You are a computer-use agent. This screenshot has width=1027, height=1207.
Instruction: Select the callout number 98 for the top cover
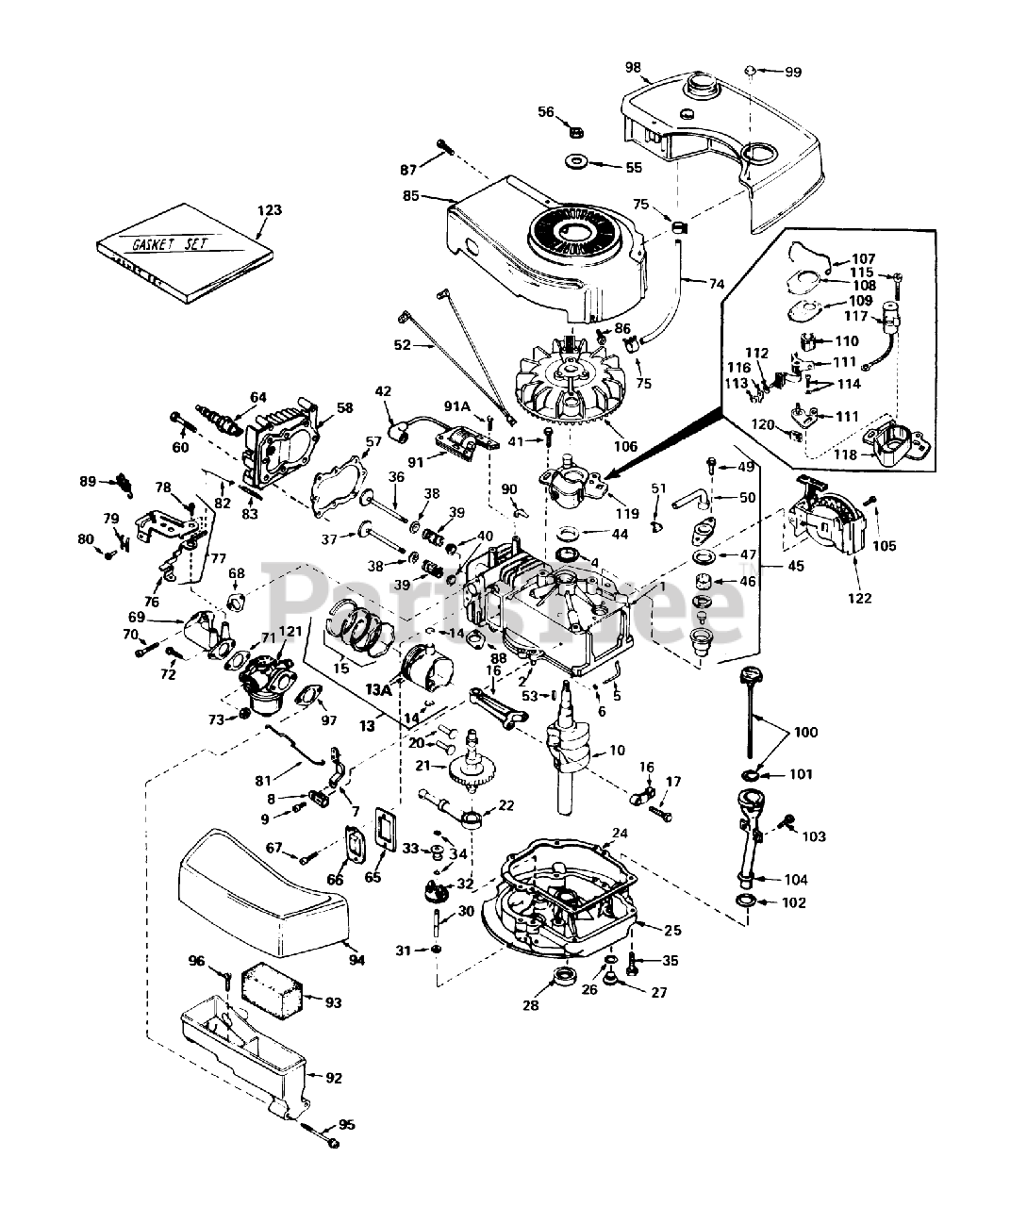point(633,66)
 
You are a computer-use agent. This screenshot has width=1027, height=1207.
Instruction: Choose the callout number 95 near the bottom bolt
point(347,1124)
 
